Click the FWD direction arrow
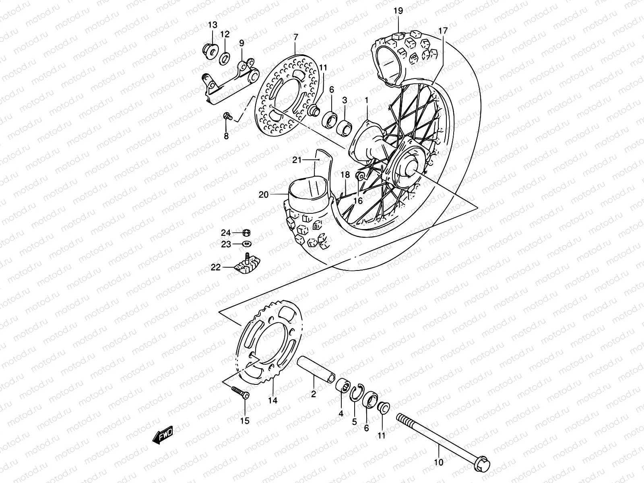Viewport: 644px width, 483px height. [163, 436]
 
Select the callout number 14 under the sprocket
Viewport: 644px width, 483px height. [273, 400]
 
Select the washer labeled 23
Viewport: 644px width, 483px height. [246, 244]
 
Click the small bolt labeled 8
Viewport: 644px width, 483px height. [227, 117]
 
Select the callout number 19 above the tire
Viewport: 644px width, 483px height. [398, 11]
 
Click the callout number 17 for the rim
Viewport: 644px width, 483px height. [443, 31]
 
